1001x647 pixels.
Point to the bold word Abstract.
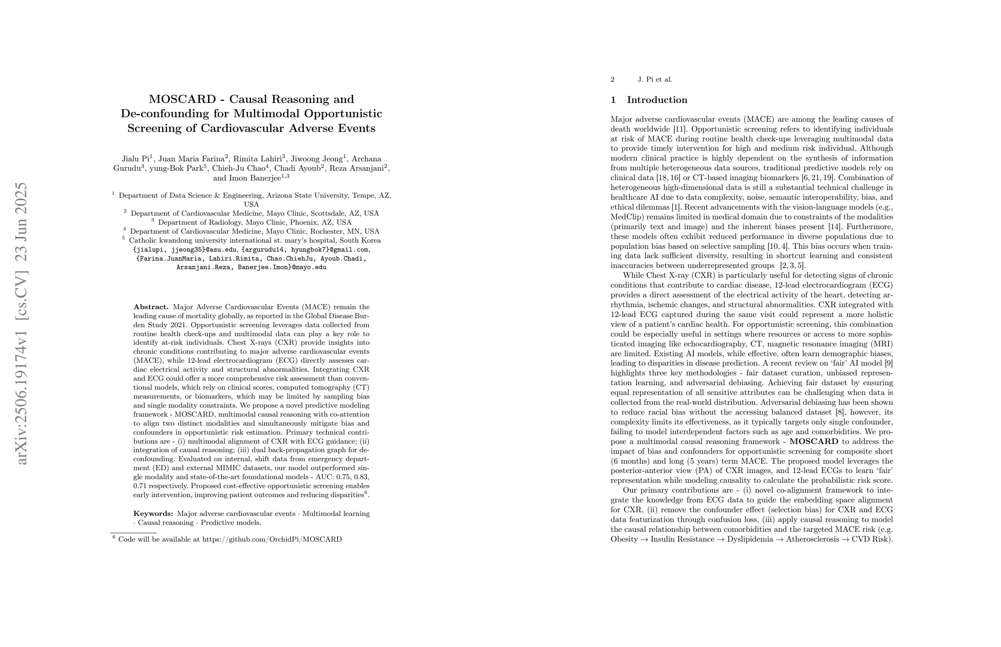coord(150,307)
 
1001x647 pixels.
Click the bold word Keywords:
coord(153,513)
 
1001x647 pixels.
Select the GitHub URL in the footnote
coord(272,540)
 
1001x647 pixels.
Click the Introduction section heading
coord(657,100)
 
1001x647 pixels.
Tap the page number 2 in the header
coord(613,79)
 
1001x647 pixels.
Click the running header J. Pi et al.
coord(655,79)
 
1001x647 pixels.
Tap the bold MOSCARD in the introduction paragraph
coord(814,442)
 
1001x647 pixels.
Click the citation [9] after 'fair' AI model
coord(889,364)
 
